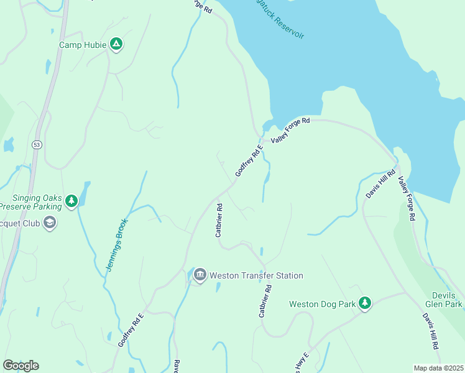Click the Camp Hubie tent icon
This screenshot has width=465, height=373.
116,44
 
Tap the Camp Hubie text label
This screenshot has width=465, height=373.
83,45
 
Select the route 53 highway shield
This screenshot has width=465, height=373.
37,144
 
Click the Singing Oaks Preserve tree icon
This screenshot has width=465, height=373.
72,200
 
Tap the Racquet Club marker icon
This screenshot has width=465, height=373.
50,223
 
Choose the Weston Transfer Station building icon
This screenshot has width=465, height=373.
200,275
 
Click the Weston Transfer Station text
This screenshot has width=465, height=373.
256,275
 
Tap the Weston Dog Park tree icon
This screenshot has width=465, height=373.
365,303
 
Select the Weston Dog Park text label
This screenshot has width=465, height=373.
322,304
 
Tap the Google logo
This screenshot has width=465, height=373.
21,365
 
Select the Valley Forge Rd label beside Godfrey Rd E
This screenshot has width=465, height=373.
290,131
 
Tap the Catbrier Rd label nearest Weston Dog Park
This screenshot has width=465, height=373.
265,302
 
